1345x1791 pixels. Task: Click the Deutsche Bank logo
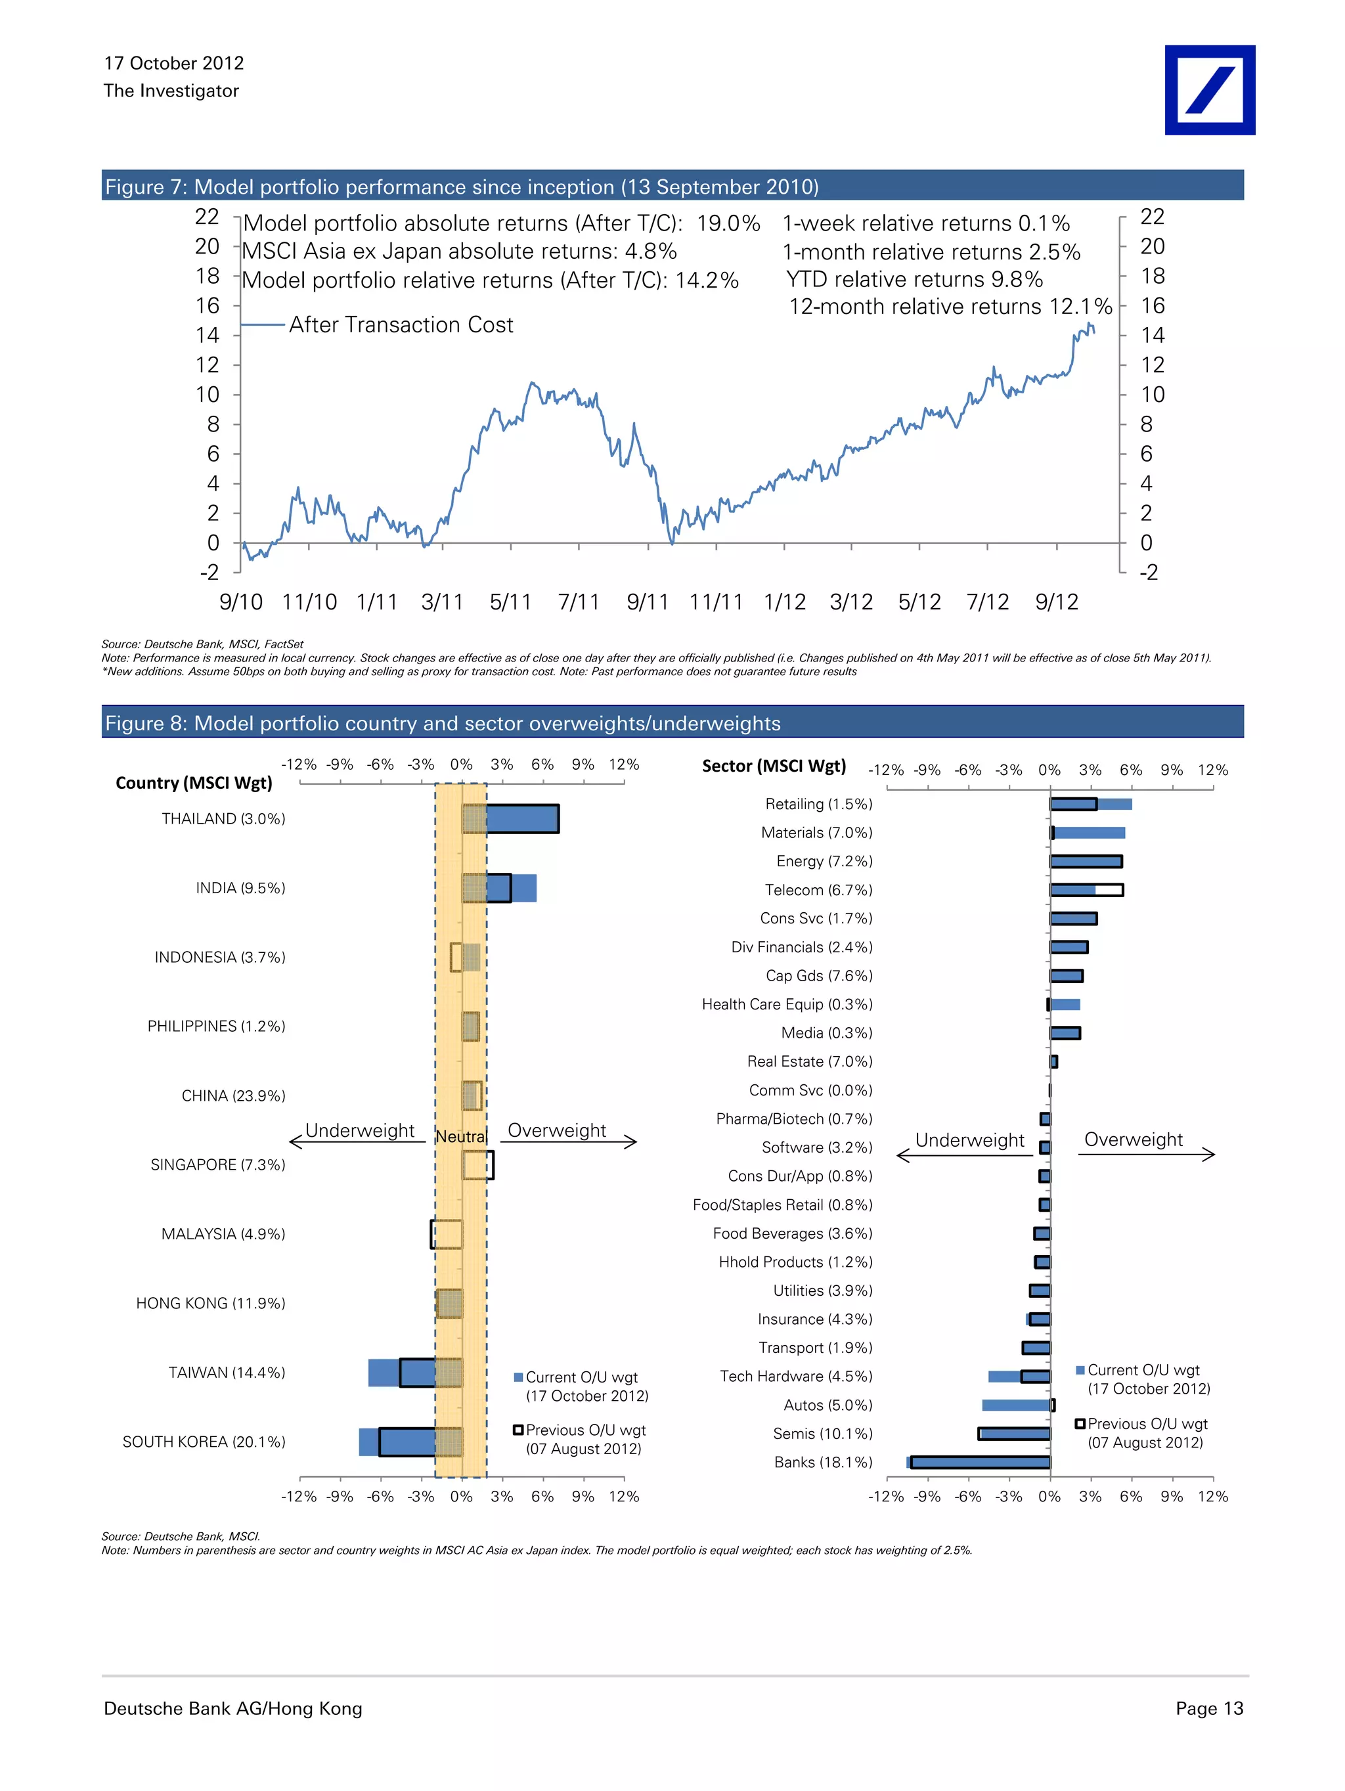point(1209,90)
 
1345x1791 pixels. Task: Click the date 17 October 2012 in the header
point(173,63)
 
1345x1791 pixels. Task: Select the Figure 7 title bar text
point(462,187)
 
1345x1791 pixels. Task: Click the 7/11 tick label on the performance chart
point(578,602)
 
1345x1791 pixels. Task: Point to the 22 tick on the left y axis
point(208,217)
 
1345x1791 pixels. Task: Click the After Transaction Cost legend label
point(401,324)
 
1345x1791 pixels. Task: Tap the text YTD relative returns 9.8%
point(914,279)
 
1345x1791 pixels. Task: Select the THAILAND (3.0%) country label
point(223,818)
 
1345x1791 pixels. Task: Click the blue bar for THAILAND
point(521,818)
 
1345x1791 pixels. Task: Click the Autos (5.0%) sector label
point(827,1405)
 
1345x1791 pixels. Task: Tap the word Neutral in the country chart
point(461,1137)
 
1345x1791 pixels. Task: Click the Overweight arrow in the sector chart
point(1146,1154)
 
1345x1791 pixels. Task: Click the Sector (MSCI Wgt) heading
point(774,766)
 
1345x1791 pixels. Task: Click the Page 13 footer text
point(1209,1708)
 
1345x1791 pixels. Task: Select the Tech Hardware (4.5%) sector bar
point(1019,1377)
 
